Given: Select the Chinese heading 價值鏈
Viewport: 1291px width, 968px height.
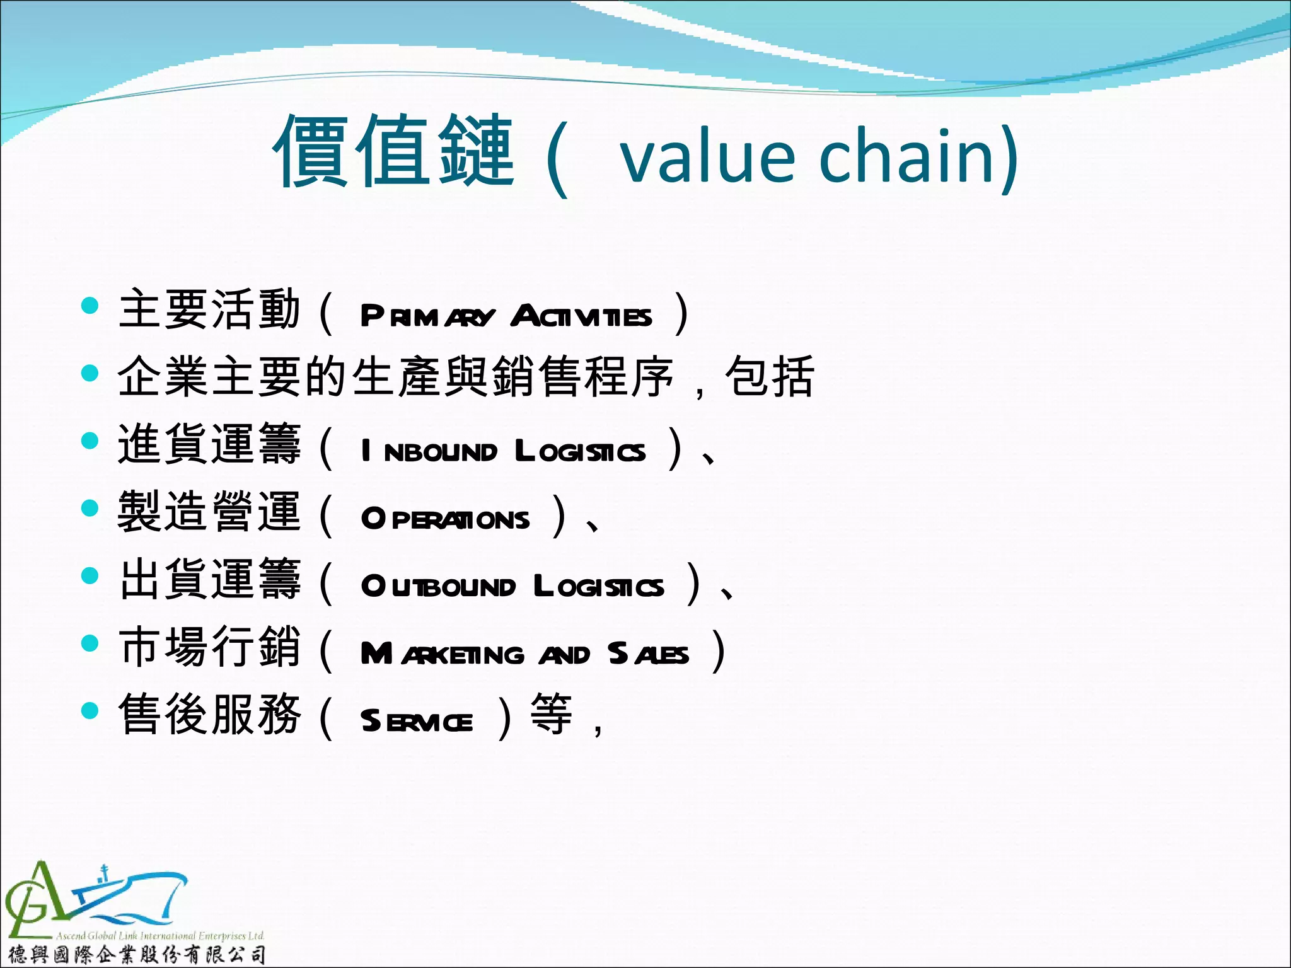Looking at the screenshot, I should pyautogui.click(x=393, y=151).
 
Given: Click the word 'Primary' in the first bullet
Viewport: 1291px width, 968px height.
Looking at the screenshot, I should pyautogui.click(x=427, y=316).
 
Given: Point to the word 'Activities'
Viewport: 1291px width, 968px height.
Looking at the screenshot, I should pyautogui.click(x=581, y=316).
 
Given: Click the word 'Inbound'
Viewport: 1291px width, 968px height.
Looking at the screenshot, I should pyautogui.click(x=429, y=451).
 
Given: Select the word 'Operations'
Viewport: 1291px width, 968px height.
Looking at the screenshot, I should pyautogui.click(x=445, y=519).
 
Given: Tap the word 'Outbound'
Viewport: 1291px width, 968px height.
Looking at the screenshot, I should pyautogui.click(x=438, y=586).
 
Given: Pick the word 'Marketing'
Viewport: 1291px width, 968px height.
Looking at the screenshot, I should pyautogui.click(x=442, y=654).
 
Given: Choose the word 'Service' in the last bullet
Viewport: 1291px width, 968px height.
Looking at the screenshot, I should pyautogui.click(x=417, y=721).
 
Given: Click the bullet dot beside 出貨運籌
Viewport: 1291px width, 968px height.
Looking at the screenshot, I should pyautogui.click(x=91, y=575).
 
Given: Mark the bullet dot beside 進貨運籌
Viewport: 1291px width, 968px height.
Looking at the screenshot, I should pyautogui.click(x=91, y=441).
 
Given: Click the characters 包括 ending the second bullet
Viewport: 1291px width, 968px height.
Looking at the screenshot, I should pyautogui.click(x=770, y=377).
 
